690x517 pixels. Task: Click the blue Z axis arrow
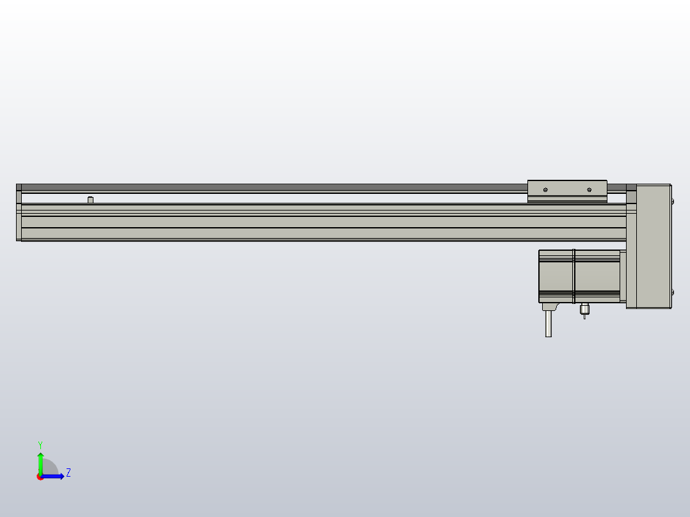click(55, 476)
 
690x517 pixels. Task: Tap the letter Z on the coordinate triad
click(68, 473)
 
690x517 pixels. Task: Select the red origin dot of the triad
click(40, 477)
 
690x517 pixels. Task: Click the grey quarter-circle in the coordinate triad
click(50, 468)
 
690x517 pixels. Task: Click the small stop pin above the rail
click(90, 200)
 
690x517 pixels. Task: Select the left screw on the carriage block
click(545, 189)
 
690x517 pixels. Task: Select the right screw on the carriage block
click(589, 189)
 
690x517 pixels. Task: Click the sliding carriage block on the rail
click(567, 191)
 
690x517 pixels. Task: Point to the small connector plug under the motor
click(584, 311)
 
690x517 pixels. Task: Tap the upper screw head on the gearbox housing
click(672, 202)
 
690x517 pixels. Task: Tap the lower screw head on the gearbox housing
click(672, 292)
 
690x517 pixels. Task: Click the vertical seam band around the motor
click(574, 276)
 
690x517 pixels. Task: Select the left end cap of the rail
click(19, 213)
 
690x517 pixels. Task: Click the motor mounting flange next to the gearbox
click(623, 276)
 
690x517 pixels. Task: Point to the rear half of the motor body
click(556, 276)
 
